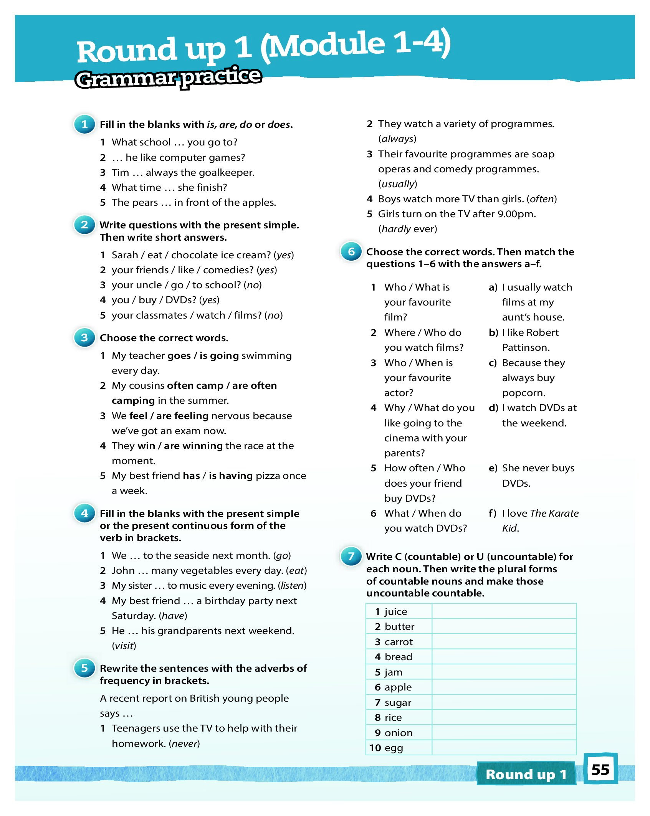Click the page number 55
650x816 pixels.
[x=600, y=770]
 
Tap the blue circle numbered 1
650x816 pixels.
[x=84, y=124]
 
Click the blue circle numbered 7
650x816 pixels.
[x=351, y=556]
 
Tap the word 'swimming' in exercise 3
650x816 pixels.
[x=266, y=356]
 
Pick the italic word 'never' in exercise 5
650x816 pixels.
[x=184, y=743]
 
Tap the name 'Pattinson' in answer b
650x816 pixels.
[x=525, y=347]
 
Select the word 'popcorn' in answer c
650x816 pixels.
[x=523, y=393]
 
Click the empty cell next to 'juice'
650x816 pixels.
[x=504, y=611]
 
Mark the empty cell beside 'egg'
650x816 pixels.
[x=504, y=748]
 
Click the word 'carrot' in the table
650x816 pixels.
[x=399, y=642]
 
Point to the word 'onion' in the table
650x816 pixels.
[x=399, y=733]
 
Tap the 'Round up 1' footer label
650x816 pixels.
[x=526, y=774]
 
